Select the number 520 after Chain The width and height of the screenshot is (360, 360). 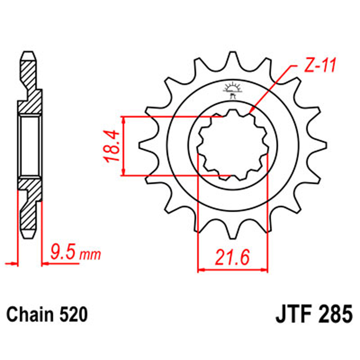[73, 315]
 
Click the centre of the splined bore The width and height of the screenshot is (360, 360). [233, 145]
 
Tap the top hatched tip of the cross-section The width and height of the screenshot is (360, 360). [29, 60]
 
